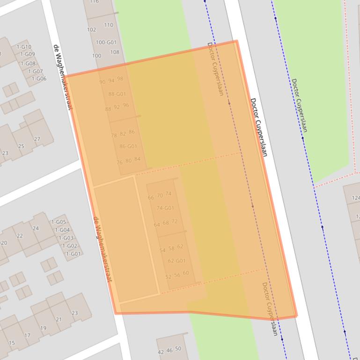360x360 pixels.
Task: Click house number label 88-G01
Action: pyautogui.click(x=117, y=94)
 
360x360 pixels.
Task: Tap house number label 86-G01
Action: pyautogui.click(x=128, y=146)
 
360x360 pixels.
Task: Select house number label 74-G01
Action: pyautogui.click(x=165, y=208)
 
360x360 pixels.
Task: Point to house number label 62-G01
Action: pyautogui.click(x=176, y=261)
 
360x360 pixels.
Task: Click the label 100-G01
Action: pyautogui.click(x=106, y=43)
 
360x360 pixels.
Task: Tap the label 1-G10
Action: pyautogui.click(x=24, y=47)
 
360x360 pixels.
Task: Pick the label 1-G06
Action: pyautogui.click(x=39, y=79)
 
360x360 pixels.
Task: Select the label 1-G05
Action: pyautogui.click(x=59, y=222)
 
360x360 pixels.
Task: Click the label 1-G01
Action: pyautogui.click(x=73, y=254)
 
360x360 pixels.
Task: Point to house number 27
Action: pyautogui.click(x=37, y=139)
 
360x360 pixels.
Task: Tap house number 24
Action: pyautogui.click(x=36, y=228)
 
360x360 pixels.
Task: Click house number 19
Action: pyautogui.click(x=43, y=328)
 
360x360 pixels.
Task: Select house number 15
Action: pyautogui.click(x=12, y=343)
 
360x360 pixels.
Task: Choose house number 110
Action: pyautogui.click(x=109, y=25)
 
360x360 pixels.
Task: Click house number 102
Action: pyautogui.click(x=91, y=30)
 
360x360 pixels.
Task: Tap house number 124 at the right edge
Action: pyautogui.click(x=356, y=198)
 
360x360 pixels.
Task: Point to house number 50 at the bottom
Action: pyautogui.click(x=178, y=349)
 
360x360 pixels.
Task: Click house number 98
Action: pyautogui.click(x=120, y=79)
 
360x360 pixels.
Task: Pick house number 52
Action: pyautogui.click(x=168, y=277)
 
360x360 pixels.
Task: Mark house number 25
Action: pyautogui.click(x=21, y=146)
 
